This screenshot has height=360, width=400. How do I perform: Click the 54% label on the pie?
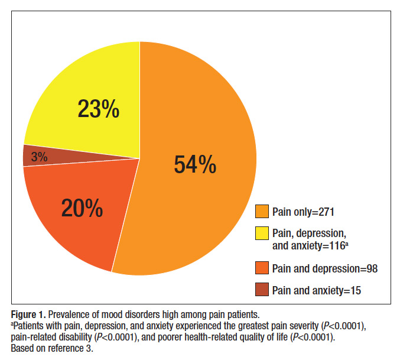click(x=195, y=165)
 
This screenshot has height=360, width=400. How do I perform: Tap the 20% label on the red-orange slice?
click(x=82, y=208)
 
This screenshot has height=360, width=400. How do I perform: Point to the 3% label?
click(x=40, y=157)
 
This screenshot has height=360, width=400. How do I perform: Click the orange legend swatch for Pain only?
click(x=262, y=211)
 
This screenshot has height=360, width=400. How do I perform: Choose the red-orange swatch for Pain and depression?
click(x=262, y=269)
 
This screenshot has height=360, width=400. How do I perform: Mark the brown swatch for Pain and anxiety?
click(x=262, y=290)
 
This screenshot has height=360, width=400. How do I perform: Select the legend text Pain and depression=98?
click(x=324, y=269)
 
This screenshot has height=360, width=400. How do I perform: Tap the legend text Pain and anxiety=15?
click(x=316, y=290)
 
